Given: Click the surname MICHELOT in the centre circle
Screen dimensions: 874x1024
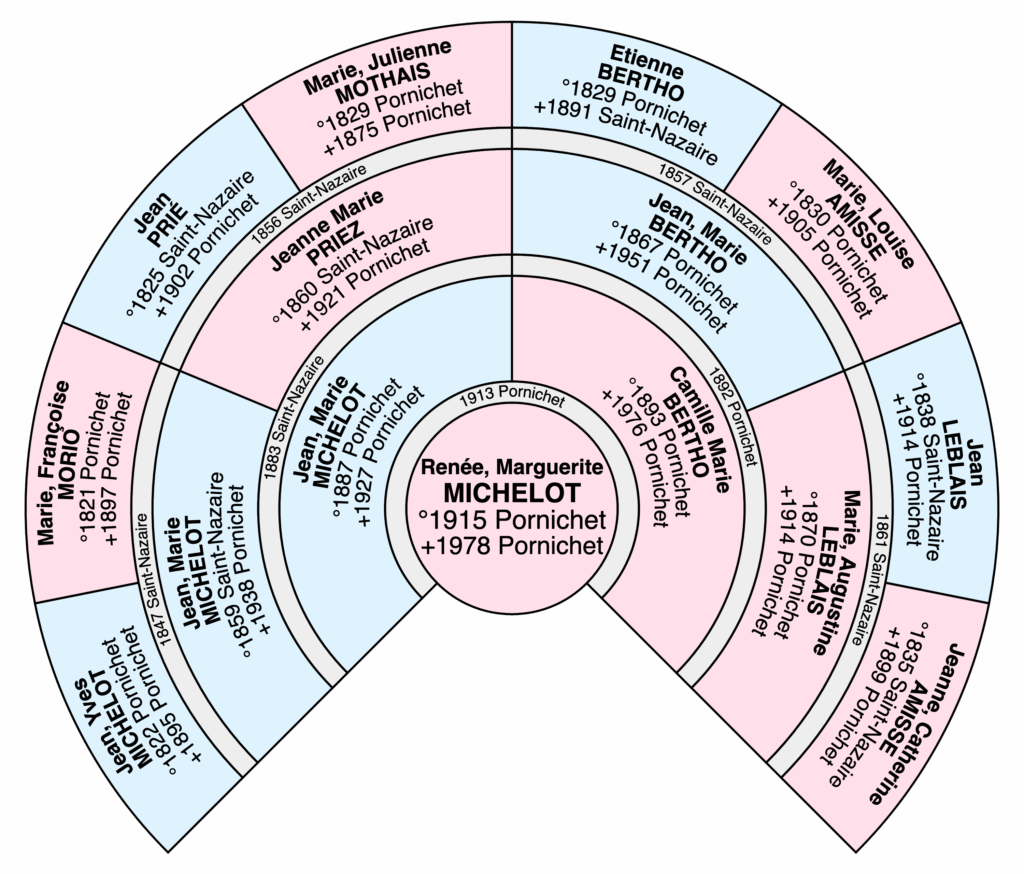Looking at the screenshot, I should pos(512,494).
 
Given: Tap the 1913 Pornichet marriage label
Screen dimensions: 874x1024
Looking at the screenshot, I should pos(512,398).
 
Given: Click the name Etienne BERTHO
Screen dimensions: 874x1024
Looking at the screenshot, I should pos(650,72).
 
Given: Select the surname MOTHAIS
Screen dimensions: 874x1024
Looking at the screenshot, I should pos(384,71).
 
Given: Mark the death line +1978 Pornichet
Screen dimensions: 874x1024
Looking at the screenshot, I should pos(512,547).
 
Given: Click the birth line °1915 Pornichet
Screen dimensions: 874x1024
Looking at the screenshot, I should pos(512,521).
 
